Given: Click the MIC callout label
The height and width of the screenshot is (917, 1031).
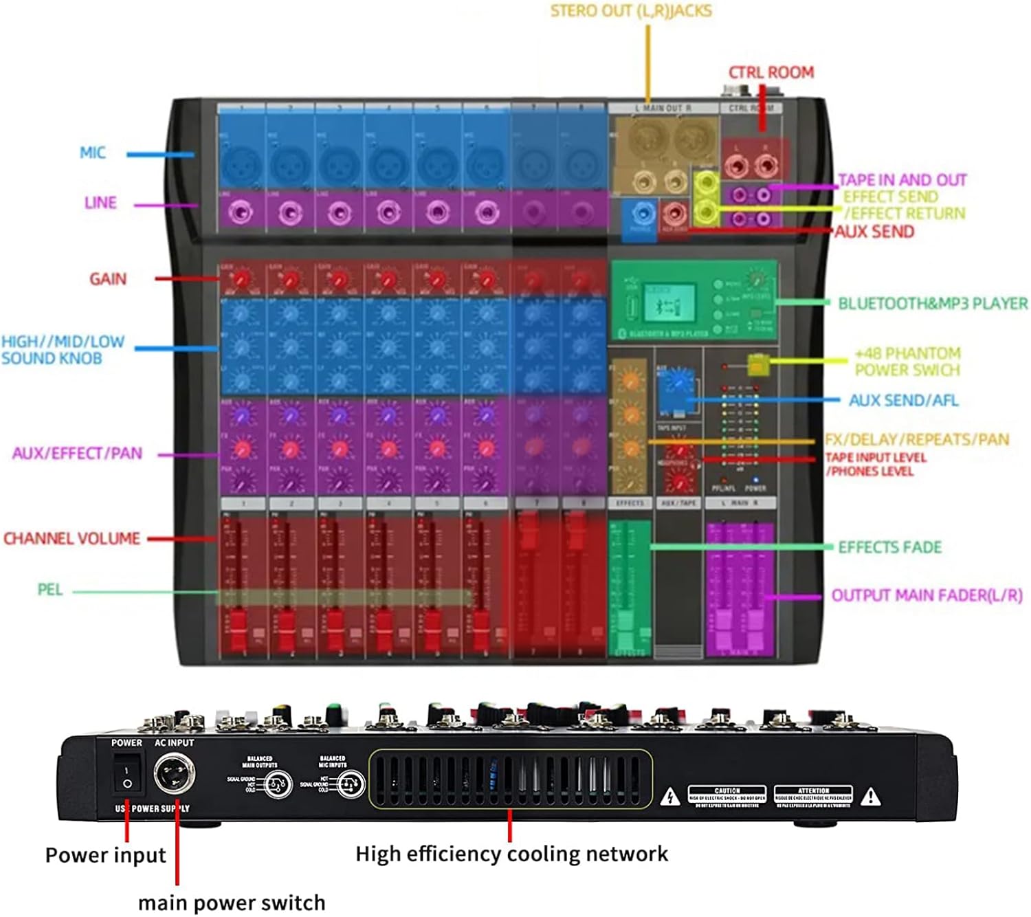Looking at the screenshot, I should coord(93,153).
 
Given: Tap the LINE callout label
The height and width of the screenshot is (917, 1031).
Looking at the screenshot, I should coord(100,203).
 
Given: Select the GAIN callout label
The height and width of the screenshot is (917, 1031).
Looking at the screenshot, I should coord(108,279).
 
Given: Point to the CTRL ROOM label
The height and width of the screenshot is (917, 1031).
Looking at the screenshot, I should coord(771,73).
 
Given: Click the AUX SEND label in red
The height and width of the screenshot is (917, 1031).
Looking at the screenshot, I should coord(874,232).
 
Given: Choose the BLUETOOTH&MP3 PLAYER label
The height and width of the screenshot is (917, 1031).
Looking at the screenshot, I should coord(933,303).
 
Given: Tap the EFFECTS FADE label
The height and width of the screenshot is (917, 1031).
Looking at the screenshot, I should coord(889,547).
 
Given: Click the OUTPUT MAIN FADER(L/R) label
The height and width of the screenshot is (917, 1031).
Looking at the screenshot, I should coord(927,595).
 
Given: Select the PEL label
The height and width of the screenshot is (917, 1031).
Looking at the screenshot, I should coord(50,590).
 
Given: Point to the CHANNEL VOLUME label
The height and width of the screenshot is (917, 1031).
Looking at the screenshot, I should coord(72,538).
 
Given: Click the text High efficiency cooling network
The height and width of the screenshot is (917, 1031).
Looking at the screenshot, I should coord(511,854).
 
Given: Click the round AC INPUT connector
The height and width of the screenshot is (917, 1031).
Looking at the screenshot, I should coord(174,775).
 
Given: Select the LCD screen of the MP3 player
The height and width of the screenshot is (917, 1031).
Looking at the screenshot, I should coord(668,302).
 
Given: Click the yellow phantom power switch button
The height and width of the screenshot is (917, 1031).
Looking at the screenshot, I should coord(757,364).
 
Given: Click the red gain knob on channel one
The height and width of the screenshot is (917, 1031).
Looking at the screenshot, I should coord(241,279).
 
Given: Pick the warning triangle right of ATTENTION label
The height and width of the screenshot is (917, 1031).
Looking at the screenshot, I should coord(871,797).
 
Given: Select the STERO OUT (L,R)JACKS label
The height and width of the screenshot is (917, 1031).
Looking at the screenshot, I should coord(631,11).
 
